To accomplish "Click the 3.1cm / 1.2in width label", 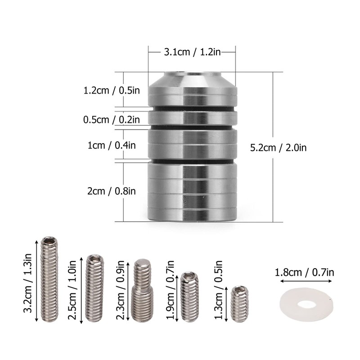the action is point(192,52).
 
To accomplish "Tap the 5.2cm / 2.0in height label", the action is point(278,148).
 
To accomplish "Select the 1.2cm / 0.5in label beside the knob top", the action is point(112,90).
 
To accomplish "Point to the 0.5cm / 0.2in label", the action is point(112,120).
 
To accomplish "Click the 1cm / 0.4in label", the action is point(112,145).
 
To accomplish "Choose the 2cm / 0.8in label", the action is point(112,191).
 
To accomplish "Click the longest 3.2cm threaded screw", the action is point(49,279).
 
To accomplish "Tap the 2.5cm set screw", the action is point(94,288).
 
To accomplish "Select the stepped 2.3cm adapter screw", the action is point(142,290).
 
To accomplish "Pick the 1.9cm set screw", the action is point(189,297).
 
